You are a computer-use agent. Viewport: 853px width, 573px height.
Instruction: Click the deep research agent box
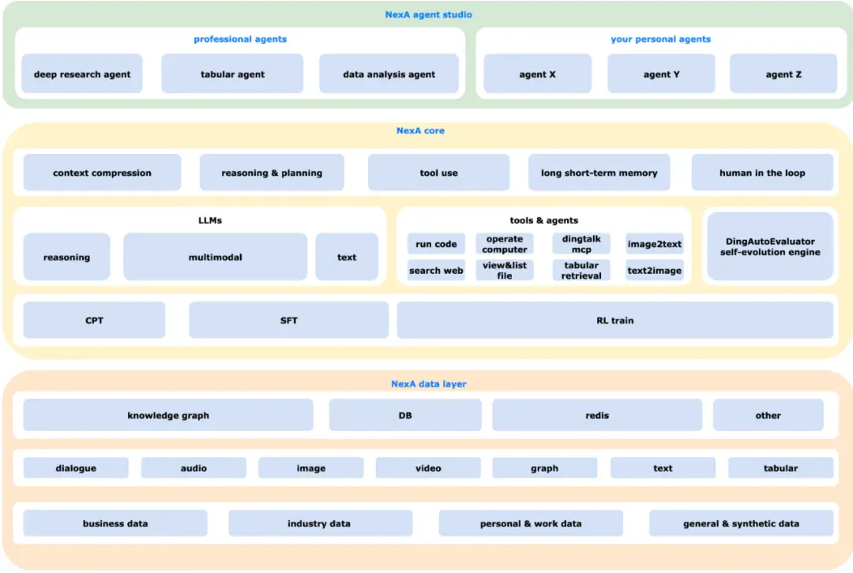[x=82, y=73]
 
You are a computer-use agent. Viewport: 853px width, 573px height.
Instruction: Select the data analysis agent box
[x=389, y=73]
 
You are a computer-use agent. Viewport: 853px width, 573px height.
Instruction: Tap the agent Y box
[x=661, y=73]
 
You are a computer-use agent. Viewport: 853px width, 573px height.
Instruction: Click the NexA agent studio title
[x=429, y=15]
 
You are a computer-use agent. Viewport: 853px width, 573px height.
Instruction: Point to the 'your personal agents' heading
[x=660, y=39]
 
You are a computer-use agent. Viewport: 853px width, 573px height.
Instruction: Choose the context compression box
[x=102, y=172]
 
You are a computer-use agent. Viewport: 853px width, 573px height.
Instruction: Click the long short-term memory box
[x=599, y=172]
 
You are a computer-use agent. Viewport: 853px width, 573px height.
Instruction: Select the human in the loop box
[x=762, y=172]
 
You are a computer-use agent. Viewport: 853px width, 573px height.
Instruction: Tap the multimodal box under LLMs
[x=216, y=257]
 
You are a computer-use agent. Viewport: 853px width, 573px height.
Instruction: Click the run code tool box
[x=436, y=244]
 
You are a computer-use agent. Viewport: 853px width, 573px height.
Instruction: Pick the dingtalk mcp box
[x=581, y=244]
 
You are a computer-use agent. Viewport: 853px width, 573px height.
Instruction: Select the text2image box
[x=655, y=270]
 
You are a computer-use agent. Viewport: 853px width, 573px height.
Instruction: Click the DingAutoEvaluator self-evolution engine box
[x=770, y=246]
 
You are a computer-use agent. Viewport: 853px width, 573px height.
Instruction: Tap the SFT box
[x=289, y=320]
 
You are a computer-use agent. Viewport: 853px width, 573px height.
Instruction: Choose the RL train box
[x=615, y=320]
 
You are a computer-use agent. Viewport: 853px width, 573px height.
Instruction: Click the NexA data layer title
[x=429, y=384]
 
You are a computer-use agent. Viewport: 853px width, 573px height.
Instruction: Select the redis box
[x=597, y=415]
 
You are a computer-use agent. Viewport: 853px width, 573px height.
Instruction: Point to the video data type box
[x=428, y=467]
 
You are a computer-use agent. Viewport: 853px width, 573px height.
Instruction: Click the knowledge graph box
[x=168, y=415]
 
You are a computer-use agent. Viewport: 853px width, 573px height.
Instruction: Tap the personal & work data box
[x=531, y=523]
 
